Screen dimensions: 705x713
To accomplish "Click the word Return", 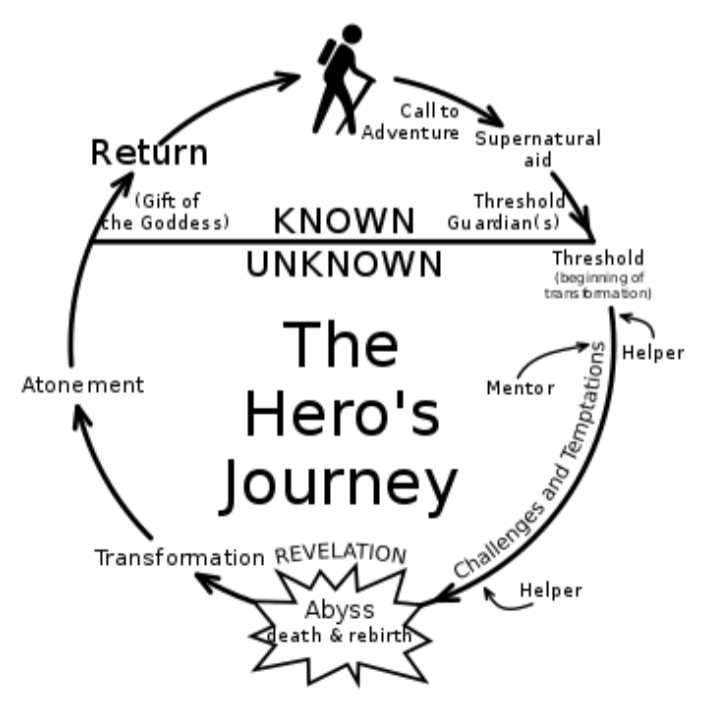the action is click(x=149, y=152).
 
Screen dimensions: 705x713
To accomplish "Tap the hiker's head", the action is click(x=352, y=34).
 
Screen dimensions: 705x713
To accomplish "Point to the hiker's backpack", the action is click(x=327, y=53).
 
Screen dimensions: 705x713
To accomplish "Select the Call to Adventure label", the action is click(x=411, y=122).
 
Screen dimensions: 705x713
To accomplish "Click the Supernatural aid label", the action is click(x=538, y=149).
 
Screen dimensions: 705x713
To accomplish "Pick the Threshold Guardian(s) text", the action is click(x=506, y=212).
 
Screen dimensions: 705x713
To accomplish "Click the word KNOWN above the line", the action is click(x=344, y=221).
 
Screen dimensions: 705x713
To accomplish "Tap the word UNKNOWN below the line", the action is click(x=344, y=264).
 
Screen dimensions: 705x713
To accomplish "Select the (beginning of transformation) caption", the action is click(x=598, y=286).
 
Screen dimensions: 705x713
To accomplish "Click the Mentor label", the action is click(x=520, y=388).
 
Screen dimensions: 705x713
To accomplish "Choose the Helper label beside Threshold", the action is click(x=653, y=353).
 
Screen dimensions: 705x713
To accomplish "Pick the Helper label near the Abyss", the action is click(x=551, y=591).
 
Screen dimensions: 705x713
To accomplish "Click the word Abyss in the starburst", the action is click(x=339, y=610).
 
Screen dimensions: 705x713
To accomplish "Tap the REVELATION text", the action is click(x=341, y=554).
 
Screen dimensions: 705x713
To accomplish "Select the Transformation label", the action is click(x=180, y=557).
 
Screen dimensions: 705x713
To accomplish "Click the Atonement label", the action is click(x=83, y=385).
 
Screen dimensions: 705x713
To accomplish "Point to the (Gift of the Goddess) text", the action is click(x=165, y=212).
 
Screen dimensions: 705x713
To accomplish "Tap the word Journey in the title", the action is click(x=339, y=487).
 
